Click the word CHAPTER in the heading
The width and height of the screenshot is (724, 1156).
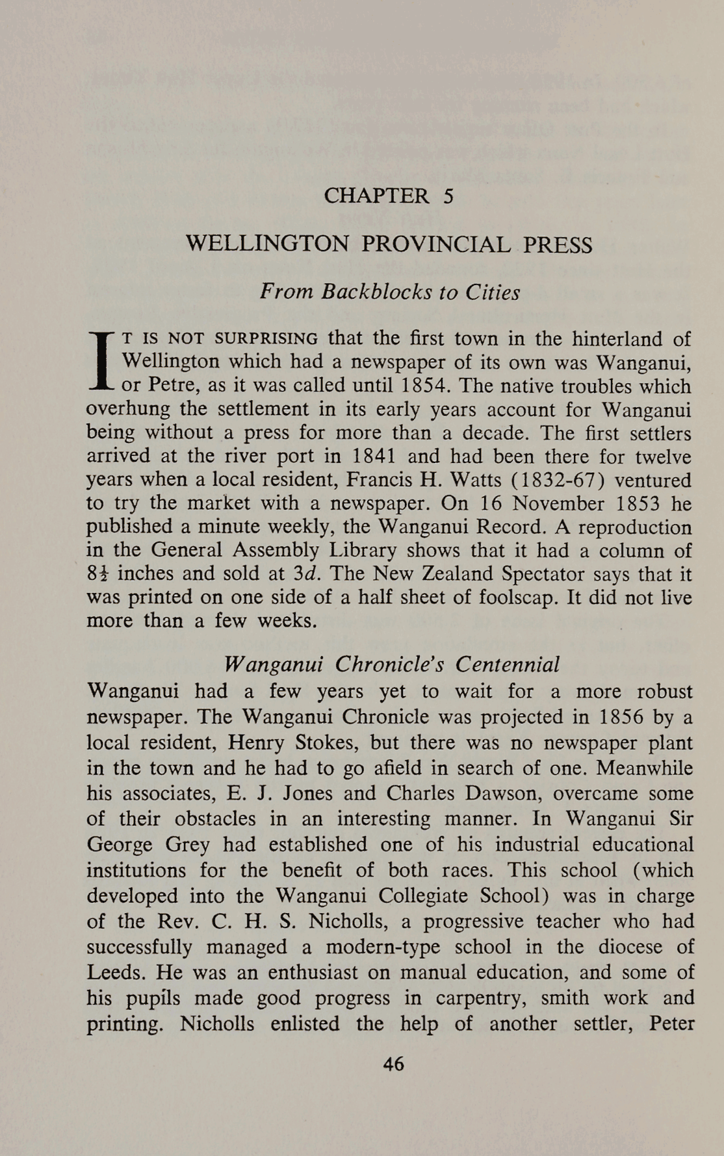(x=376, y=196)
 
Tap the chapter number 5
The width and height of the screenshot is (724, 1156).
(x=448, y=196)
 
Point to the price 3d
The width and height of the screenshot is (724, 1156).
(x=304, y=575)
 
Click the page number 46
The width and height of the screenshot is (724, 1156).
(x=394, y=1064)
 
